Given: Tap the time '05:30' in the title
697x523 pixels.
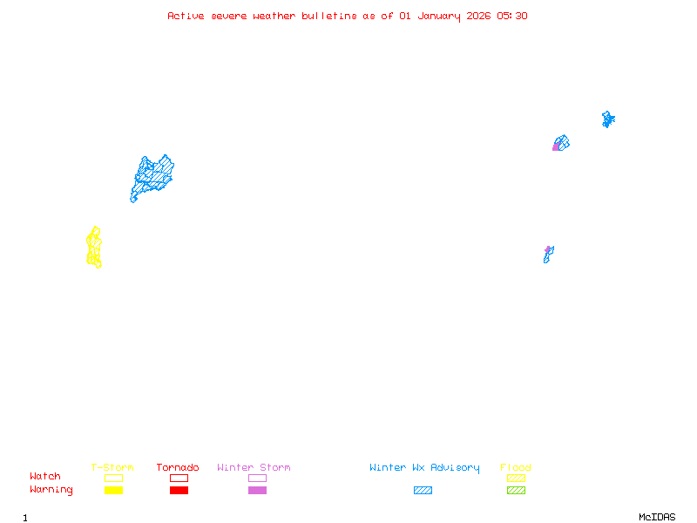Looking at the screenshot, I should (x=512, y=16).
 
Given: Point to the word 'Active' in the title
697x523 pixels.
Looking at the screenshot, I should (x=186, y=16).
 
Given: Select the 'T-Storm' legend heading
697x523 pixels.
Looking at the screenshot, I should (x=112, y=467).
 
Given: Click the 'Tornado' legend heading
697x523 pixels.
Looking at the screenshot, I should (x=178, y=467).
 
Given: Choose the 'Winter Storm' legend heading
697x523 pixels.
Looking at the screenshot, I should (x=254, y=467).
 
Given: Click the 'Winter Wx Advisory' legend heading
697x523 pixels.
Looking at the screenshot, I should (x=424, y=467).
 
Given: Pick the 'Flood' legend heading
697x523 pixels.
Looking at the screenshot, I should (x=516, y=467).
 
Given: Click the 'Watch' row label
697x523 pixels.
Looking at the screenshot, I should (x=45, y=477).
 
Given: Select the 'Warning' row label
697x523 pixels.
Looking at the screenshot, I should (x=51, y=490).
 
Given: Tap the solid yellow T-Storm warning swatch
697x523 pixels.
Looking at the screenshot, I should (x=113, y=490).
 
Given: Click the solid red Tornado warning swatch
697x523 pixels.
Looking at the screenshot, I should (x=179, y=490).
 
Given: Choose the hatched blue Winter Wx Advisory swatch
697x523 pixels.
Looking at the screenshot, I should (x=423, y=490).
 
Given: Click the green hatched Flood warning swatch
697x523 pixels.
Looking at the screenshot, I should (x=516, y=490).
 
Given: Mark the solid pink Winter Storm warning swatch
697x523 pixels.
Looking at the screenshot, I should (x=257, y=490).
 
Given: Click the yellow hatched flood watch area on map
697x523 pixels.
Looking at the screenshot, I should (x=94, y=248).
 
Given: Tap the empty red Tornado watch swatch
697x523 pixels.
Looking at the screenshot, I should (x=179, y=478).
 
